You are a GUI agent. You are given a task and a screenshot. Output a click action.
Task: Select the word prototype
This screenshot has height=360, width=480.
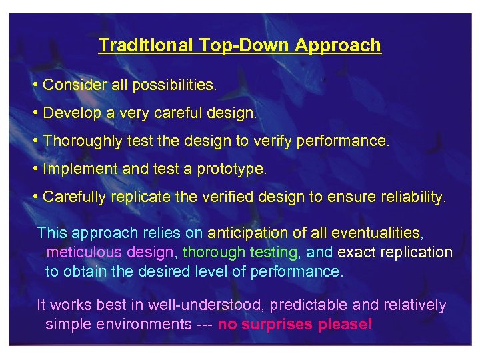pyautogui.click(x=231, y=169)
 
